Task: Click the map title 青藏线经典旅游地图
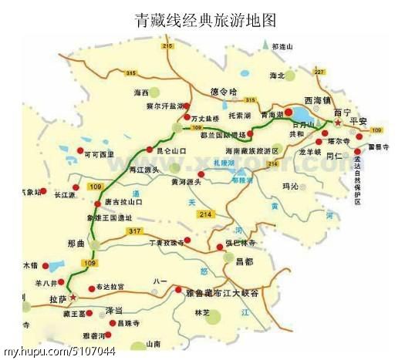point(204,19)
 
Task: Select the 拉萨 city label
point(56,298)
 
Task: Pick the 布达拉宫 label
point(111,287)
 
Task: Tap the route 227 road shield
point(319,72)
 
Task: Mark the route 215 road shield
point(167,48)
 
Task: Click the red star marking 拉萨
point(73,296)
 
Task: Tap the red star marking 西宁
point(336,121)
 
